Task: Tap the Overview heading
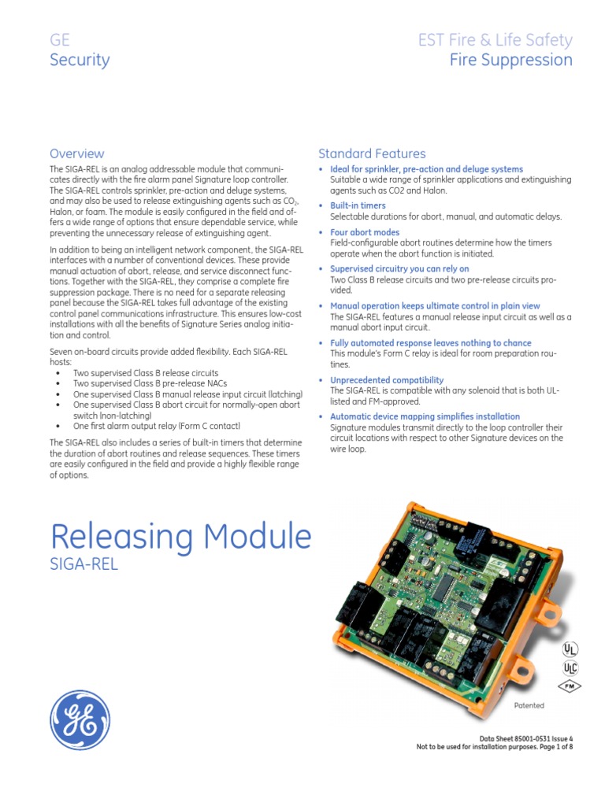tap(76, 153)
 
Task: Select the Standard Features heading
tap(372, 153)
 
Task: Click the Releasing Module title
tap(180, 537)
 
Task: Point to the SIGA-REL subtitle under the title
tap(84, 564)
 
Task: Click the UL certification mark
tap(570, 649)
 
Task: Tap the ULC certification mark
tap(570, 668)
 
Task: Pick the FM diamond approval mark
tap(570, 686)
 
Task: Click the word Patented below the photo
tap(529, 705)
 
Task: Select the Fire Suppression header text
tap(510, 61)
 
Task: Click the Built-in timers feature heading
tap(358, 205)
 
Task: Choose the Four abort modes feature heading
tap(365, 232)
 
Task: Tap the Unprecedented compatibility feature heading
tap(381, 379)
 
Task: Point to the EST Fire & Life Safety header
tap(496, 40)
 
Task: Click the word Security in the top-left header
tap(80, 61)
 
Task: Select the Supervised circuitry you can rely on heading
tap(399, 268)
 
